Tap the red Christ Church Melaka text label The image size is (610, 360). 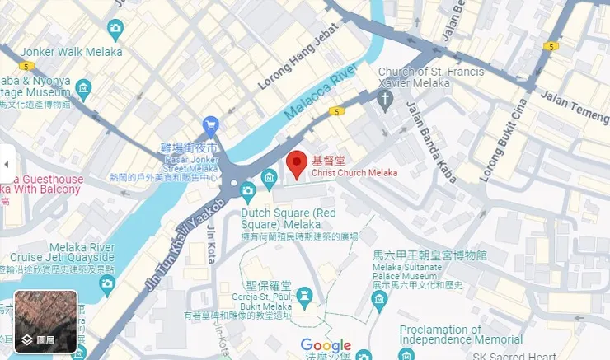pyautogui.click(x=354, y=173)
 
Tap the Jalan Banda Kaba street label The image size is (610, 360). pyautogui.click(x=427, y=136)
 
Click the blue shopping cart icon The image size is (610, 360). pyautogui.click(x=211, y=125)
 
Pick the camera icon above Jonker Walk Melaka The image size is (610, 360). pyautogui.click(x=115, y=30)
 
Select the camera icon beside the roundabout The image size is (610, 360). pyautogui.click(x=247, y=192)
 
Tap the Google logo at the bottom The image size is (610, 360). pyautogui.click(x=326, y=346)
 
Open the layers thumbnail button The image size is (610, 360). pyautogui.click(x=46, y=320)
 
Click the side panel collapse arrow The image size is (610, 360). pyautogui.click(x=7, y=164)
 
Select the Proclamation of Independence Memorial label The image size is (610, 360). pyautogui.click(x=460, y=334)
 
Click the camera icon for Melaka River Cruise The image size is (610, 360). pyautogui.click(x=106, y=284)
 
